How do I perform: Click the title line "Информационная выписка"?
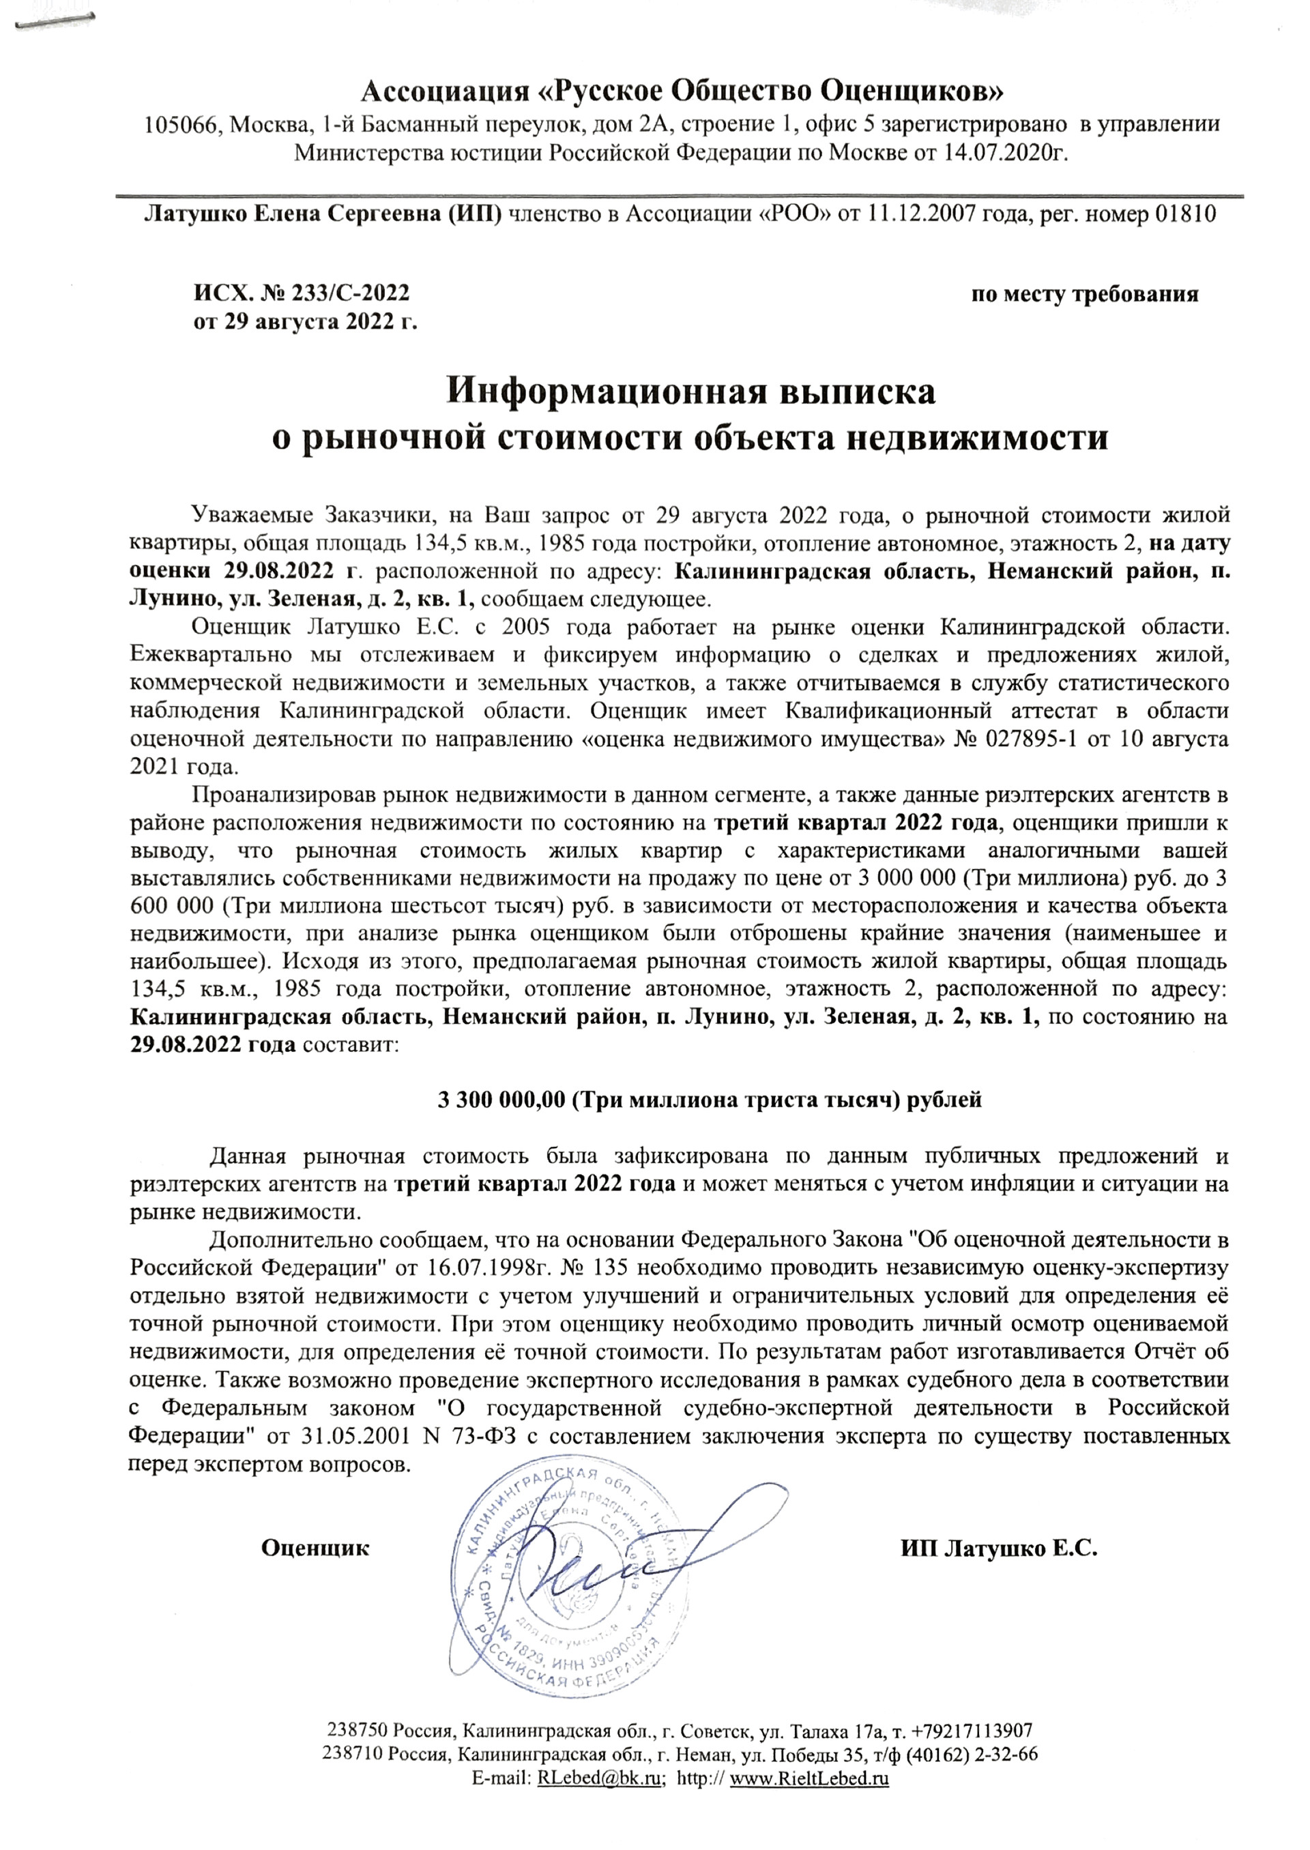coord(691,392)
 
